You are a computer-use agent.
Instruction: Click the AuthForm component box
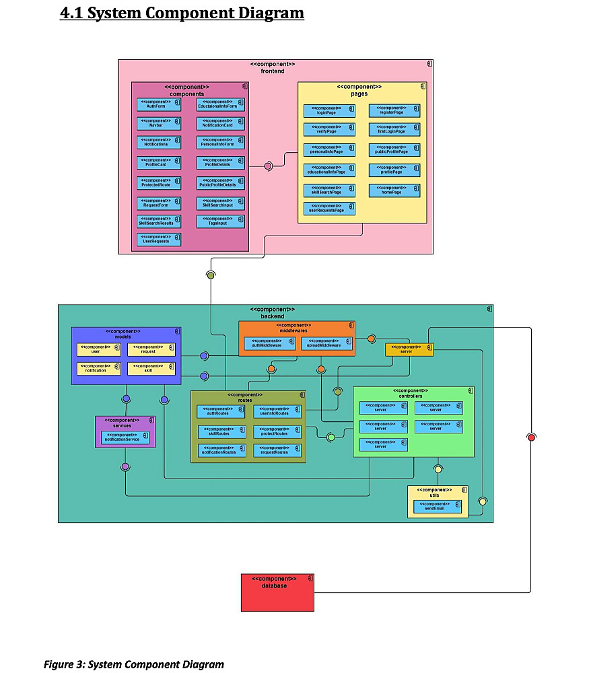click(159, 104)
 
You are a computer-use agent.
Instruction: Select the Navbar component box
click(159, 123)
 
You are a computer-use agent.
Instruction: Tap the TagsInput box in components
click(221, 221)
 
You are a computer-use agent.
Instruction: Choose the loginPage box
click(329, 111)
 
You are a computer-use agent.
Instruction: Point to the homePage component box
click(394, 190)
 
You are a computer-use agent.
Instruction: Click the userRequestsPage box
click(329, 209)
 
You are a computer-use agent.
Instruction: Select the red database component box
click(277, 592)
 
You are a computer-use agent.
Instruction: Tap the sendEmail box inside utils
click(438, 507)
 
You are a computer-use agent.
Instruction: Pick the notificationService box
click(125, 437)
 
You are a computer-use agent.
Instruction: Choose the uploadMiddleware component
click(326, 343)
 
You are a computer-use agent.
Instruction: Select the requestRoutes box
click(277, 450)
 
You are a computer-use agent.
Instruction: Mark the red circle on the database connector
click(531, 437)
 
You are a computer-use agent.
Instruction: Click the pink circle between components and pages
click(268, 166)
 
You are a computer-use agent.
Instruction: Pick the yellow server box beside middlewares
click(409, 349)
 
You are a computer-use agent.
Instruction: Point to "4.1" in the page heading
click(72, 13)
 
